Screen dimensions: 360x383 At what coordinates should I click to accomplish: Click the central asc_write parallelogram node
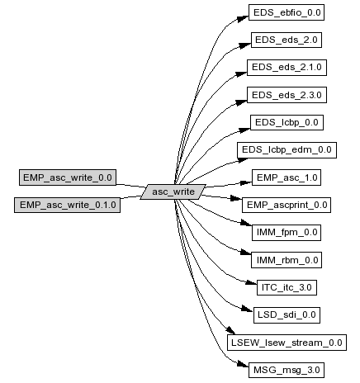pyautogui.click(x=173, y=191)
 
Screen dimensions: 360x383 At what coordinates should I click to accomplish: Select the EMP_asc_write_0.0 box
pyautogui.click(x=68, y=177)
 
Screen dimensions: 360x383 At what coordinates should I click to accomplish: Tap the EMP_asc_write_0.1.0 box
pyautogui.click(x=68, y=205)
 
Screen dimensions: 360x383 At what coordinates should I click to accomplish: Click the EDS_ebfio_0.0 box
pyautogui.click(x=287, y=12)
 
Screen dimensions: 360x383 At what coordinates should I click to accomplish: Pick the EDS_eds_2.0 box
pyautogui.click(x=287, y=40)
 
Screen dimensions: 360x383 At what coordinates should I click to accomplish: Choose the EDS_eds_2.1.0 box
pyautogui.click(x=287, y=68)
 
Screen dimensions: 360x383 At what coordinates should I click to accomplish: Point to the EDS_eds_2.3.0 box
pyautogui.click(x=287, y=95)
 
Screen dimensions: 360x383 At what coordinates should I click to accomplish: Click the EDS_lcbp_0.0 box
pyautogui.click(x=287, y=122)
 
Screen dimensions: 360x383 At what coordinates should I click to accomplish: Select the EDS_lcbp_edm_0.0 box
pyautogui.click(x=287, y=150)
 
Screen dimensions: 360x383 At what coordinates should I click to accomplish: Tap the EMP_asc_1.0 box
pyautogui.click(x=287, y=177)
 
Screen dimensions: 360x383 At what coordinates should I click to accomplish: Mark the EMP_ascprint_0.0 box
pyautogui.click(x=287, y=205)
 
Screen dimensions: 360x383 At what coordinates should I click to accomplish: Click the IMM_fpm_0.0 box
pyautogui.click(x=287, y=233)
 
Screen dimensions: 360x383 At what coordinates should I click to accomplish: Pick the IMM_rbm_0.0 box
pyautogui.click(x=287, y=260)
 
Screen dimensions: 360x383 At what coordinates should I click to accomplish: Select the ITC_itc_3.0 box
pyautogui.click(x=287, y=287)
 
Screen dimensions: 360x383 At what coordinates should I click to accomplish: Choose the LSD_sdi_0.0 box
pyautogui.click(x=287, y=315)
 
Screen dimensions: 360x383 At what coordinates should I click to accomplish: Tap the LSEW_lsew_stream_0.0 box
pyautogui.click(x=287, y=343)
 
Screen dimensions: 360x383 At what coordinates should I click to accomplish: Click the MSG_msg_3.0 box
pyautogui.click(x=287, y=370)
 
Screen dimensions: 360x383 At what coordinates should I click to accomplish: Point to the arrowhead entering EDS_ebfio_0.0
pyautogui.click(x=242, y=19)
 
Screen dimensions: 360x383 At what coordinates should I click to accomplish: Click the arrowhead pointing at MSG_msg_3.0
pyautogui.click(x=243, y=364)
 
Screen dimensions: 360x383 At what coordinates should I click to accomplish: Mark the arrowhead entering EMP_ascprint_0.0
pyautogui.click(x=236, y=198)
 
